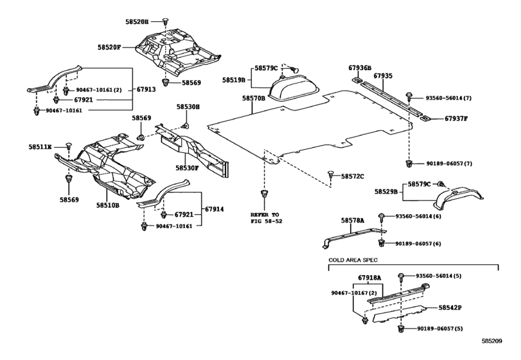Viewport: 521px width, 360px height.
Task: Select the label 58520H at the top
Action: pyautogui.click(x=137, y=21)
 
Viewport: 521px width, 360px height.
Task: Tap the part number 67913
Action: pyautogui.click(x=147, y=90)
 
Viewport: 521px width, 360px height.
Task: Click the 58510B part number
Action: pyautogui.click(x=109, y=205)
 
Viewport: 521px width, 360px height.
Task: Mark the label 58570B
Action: pyautogui.click(x=254, y=98)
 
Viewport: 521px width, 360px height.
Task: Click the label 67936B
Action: pyautogui.click(x=360, y=67)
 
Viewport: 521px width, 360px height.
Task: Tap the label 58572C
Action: pyautogui.click(x=353, y=175)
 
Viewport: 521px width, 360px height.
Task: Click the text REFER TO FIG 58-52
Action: pyautogui.click(x=266, y=217)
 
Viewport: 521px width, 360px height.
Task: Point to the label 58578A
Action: pyautogui.click(x=351, y=220)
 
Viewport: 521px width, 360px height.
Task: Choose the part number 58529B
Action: pyautogui.click(x=388, y=192)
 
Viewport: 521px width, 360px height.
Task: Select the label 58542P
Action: pyautogui.click(x=450, y=308)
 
